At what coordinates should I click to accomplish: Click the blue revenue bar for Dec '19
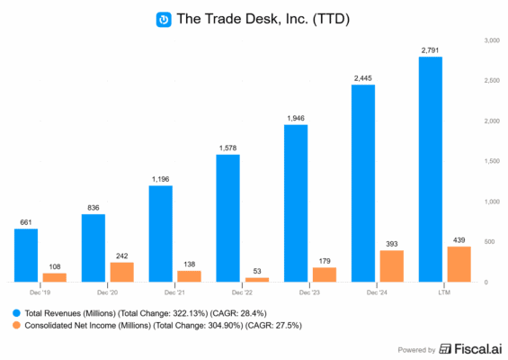pos(26,255)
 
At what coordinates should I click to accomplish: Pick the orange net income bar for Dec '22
pos(256,279)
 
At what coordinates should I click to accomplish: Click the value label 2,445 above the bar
pos(363,78)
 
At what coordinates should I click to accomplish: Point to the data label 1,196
pos(161,178)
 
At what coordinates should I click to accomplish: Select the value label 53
pos(257,270)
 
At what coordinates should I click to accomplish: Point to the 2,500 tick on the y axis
pos(491,81)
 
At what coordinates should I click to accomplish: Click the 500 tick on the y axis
pos(488,242)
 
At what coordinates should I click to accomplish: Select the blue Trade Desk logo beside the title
pos(164,18)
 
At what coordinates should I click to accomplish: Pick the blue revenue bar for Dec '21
pos(161,233)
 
